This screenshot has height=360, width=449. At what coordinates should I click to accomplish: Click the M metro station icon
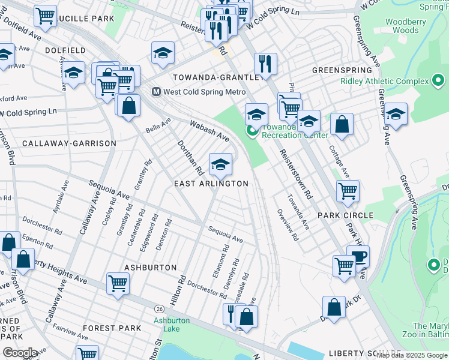point(155,92)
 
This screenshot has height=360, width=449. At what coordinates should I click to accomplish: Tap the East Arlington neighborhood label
point(211,184)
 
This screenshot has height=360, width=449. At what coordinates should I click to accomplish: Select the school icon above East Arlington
point(220,163)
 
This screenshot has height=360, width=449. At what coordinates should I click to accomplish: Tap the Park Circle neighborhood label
point(345,215)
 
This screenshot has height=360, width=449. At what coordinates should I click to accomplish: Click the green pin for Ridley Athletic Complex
point(438,80)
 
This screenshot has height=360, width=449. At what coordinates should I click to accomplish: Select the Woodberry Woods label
point(402,26)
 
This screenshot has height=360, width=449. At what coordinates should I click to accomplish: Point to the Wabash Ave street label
point(209,130)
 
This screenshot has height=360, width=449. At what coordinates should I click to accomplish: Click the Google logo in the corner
point(20,353)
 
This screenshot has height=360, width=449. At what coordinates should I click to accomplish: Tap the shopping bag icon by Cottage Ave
point(342,124)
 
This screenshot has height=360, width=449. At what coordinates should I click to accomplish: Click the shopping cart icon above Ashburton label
point(118,283)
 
